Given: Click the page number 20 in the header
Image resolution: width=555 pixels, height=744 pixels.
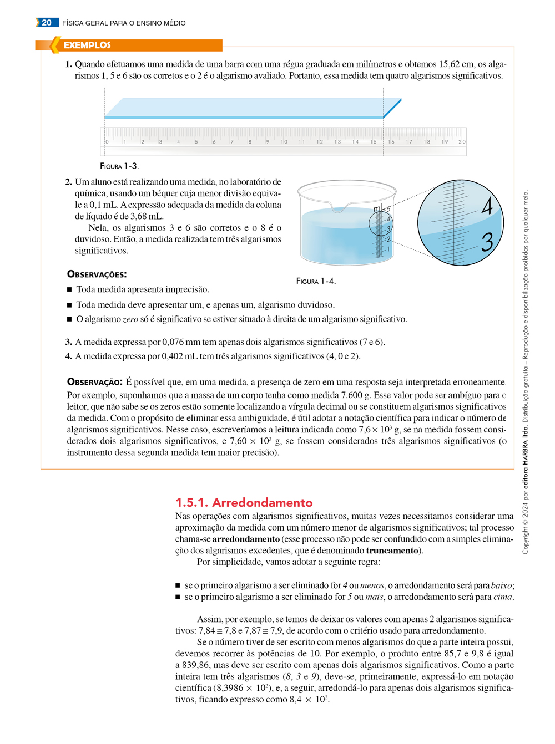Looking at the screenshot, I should click(x=47, y=23).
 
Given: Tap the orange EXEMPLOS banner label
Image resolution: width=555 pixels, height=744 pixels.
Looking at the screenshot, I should click(x=87, y=45).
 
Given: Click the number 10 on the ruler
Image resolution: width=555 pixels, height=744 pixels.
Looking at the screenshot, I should click(x=284, y=142).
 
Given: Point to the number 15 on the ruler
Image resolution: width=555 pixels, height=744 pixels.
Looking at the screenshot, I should click(x=374, y=142).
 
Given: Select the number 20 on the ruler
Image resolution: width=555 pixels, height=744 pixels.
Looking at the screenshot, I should click(x=462, y=142).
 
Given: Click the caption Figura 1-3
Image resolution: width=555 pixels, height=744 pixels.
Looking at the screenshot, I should click(x=119, y=166).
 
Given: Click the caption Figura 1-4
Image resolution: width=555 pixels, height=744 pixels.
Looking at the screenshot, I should click(x=316, y=281).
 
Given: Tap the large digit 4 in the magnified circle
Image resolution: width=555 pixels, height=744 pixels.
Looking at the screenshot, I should click(x=487, y=206).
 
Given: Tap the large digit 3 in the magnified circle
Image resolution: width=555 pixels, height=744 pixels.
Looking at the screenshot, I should click(x=487, y=242).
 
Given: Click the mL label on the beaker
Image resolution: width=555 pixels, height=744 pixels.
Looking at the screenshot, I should click(x=379, y=208).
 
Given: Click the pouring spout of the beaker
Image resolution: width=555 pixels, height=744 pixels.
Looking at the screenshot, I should click(x=338, y=209).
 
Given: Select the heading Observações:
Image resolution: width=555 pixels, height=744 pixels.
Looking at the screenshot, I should click(x=97, y=274).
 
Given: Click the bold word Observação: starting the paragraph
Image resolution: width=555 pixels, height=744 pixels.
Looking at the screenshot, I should click(x=94, y=382).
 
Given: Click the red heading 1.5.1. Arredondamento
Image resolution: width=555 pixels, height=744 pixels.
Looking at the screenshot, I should click(x=244, y=502).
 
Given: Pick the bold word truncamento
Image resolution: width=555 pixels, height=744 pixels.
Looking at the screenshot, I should click(x=392, y=551).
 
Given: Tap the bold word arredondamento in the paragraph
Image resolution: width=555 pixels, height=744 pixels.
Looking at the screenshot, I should click(x=245, y=539).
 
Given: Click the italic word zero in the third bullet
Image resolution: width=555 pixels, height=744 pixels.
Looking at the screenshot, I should click(x=130, y=319).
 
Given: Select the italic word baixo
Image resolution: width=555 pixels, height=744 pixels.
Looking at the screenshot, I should click(x=502, y=585).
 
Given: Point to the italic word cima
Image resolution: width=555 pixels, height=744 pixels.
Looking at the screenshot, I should click(x=503, y=597).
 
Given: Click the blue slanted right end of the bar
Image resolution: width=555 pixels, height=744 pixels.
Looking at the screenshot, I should click(x=392, y=108).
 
